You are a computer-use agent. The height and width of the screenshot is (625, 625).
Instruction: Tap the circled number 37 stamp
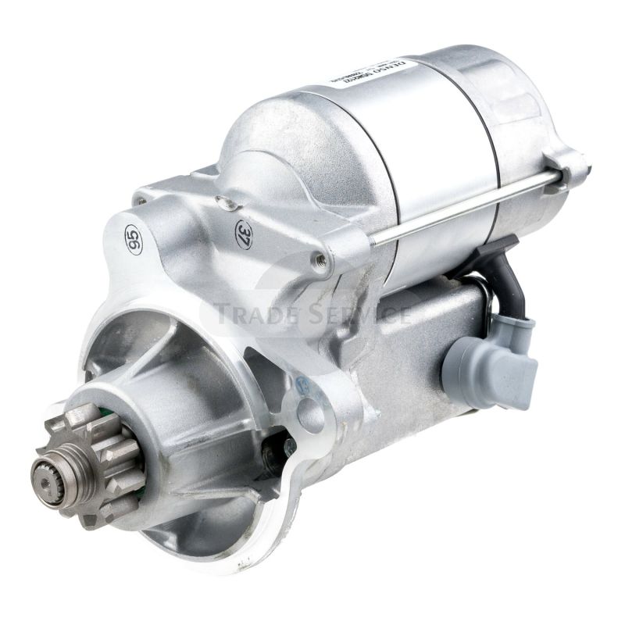[244, 233]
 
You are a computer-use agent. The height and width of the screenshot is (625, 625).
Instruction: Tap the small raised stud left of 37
[227, 205]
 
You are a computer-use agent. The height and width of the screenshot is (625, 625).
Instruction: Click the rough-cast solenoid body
[406, 344]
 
